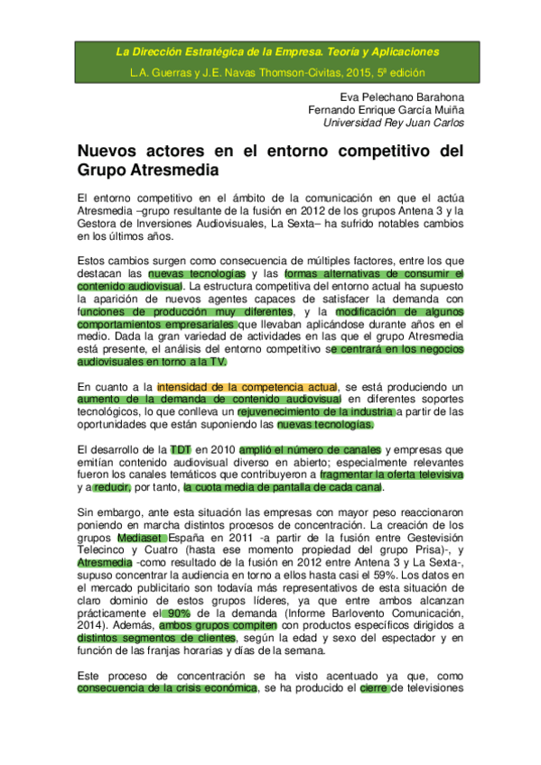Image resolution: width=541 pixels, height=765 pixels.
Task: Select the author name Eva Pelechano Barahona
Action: pyautogui.click(x=401, y=97)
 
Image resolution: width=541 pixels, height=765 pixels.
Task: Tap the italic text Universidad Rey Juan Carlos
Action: pyautogui.click(x=394, y=122)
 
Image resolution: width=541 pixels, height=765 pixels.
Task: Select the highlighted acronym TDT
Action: pyautogui.click(x=181, y=448)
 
